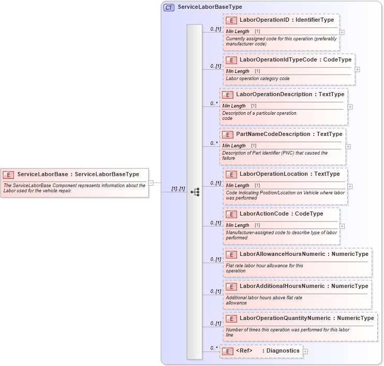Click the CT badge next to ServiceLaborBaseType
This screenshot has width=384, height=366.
pyautogui.click(x=169, y=7)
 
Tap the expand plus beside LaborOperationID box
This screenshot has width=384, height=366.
pyautogui.click(x=342, y=32)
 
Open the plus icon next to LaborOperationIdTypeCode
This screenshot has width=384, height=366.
pyautogui.click(x=358, y=69)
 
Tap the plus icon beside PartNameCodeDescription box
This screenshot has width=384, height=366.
pyautogui.click(x=348, y=146)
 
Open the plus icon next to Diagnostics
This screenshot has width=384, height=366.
pyautogui.click(x=305, y=352)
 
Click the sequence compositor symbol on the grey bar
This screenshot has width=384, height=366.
pyautogui.click(x=195, y=192)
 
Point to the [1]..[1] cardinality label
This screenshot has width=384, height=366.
pyautogui.click(x=178, y=189)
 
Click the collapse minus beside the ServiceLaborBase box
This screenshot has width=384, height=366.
pyautogui.click(x=151, y=182)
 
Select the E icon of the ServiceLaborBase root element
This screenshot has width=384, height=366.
pyautogui.click(x=9, y=175)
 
